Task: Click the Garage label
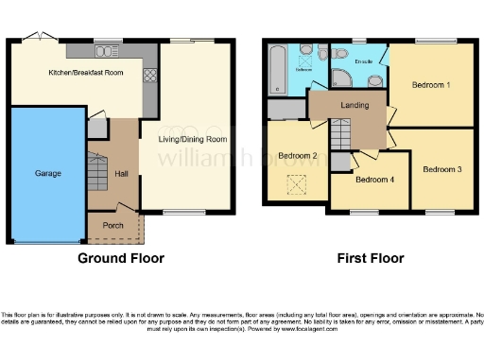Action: click(x=47, y=174)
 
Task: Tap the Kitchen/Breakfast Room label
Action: click(x=85, y=72)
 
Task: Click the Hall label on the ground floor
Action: click(x=121, y=174)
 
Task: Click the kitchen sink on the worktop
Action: click(x=106, y=50)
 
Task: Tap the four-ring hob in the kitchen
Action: click(x=148, y=75)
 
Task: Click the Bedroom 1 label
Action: click(x=430, y=85)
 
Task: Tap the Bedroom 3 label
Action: click(x=441, y=169)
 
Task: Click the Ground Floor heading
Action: click(x=120, y=258)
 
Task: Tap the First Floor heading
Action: click(x=371, y=258)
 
